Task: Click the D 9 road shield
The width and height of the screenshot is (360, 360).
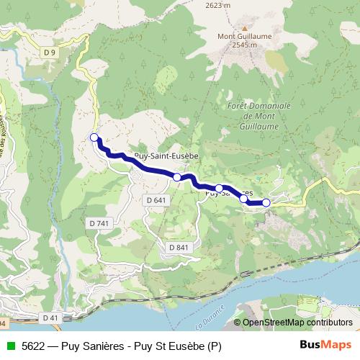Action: point(49,53)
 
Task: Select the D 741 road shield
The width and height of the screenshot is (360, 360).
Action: point(101,224)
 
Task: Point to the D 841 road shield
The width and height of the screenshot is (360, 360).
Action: point(179,248)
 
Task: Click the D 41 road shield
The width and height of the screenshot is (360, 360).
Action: point(50,318)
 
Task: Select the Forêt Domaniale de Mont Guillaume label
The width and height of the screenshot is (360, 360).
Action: point(258,115)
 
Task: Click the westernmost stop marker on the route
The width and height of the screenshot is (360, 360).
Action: point(94,137)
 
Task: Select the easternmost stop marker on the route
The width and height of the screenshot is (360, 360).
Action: point(266,203)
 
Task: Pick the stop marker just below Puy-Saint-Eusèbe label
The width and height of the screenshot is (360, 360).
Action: point(176,177)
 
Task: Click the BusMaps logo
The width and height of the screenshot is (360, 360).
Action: point(326,346)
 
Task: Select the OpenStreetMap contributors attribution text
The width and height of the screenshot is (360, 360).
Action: point(297,323)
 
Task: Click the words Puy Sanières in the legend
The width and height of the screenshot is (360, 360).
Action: point(90,346)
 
